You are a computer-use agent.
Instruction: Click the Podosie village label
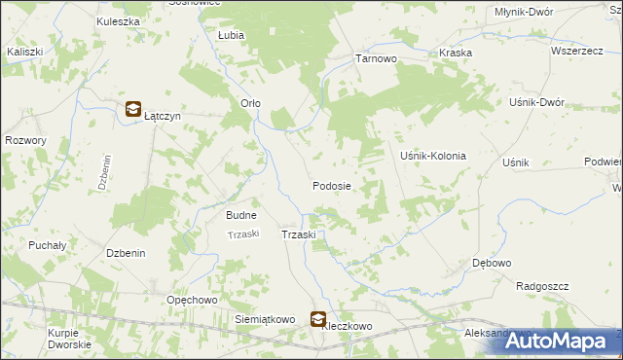coord(331,185)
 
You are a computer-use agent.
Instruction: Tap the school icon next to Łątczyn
coord(132,112)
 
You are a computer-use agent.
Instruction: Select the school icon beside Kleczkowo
coord(318,317)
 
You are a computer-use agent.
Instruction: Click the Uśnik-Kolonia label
coord(433,156)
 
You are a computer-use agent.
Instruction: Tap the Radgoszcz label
coord(542,286)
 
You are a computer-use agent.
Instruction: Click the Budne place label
coord(240,215)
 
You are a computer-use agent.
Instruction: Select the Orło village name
coord(250,103)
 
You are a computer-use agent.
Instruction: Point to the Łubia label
coord(231,34)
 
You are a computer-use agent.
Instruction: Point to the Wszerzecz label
coord(573,51)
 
